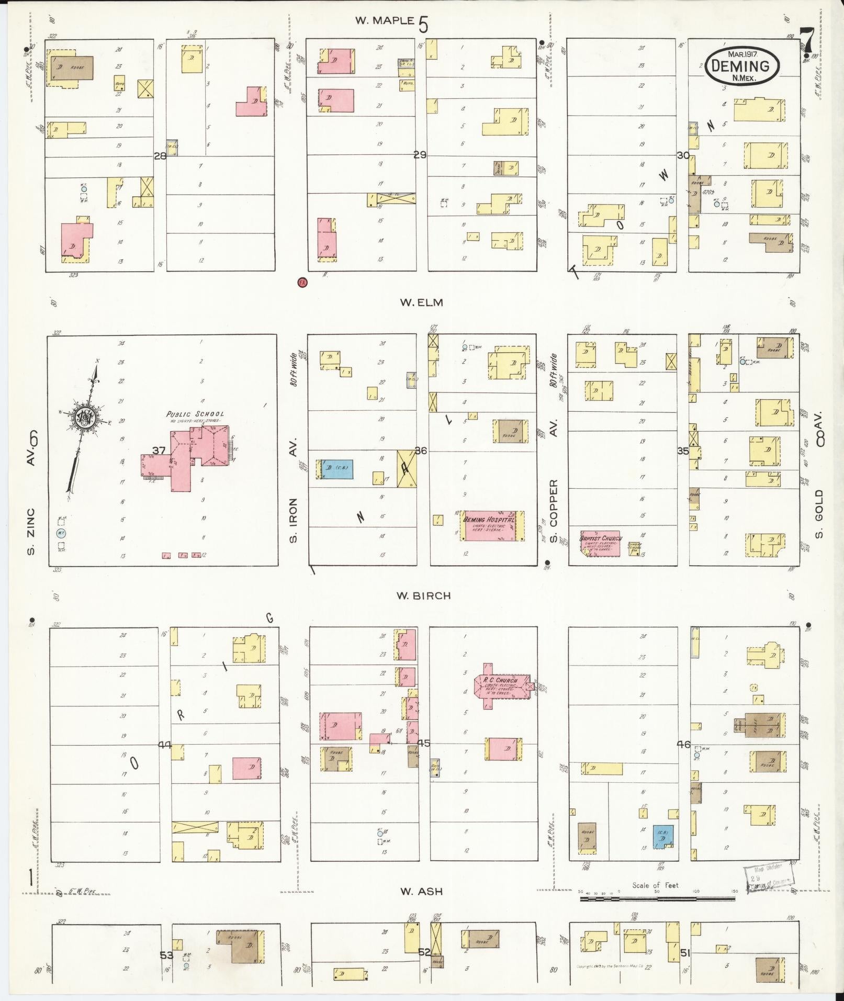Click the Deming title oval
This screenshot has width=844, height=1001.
742,65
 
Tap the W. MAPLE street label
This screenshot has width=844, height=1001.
384,21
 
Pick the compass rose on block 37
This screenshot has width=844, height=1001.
84,418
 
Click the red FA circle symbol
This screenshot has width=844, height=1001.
302,283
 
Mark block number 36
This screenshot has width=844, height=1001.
420,451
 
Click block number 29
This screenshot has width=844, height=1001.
420,155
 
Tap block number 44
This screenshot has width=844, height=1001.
165,744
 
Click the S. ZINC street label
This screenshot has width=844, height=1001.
31,531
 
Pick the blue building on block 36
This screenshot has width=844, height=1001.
334,469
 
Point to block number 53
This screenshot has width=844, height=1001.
166,955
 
